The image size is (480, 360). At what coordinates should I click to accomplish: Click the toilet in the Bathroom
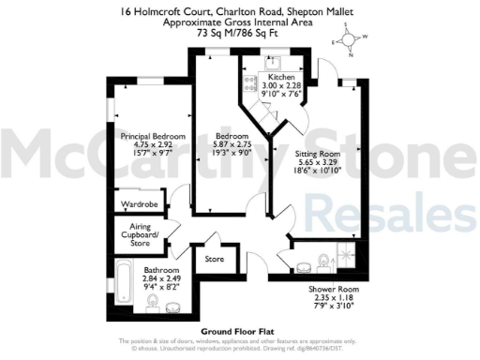click(174, 306)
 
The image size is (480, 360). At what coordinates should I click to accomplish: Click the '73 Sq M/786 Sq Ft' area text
click(239, 30)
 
